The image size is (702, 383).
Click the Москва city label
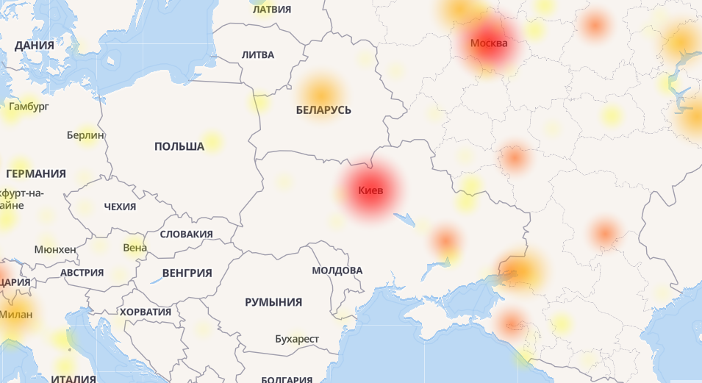489,43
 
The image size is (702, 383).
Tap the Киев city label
370,191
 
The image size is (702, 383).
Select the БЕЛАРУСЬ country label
323,110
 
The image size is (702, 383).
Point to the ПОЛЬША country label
179,147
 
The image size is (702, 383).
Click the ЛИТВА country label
257,55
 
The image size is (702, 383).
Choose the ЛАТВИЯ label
271,10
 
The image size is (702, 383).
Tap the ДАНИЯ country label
35,46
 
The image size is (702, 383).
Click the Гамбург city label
29,107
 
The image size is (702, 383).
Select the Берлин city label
85,135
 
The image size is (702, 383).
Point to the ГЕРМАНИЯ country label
36,174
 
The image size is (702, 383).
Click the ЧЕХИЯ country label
120,207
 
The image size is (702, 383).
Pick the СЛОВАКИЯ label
186,235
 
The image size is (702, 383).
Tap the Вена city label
135,248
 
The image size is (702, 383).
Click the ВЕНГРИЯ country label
187,273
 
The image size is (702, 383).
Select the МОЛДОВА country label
337,271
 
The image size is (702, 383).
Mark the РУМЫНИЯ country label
273,302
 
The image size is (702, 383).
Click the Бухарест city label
297,339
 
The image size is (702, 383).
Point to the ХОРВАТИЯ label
146,312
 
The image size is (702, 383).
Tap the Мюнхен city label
55,249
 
